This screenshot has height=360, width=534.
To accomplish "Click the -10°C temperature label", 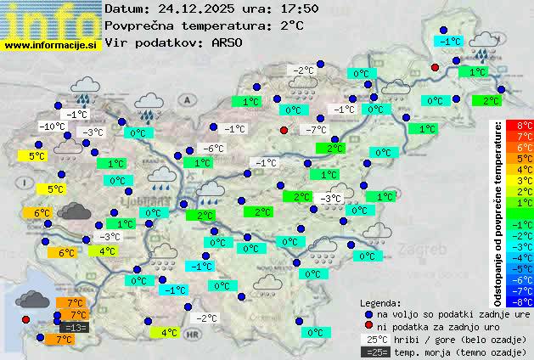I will coord(53,127).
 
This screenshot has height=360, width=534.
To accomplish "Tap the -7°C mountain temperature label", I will coord(316,130).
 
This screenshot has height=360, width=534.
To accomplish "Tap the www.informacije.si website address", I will coord(51,44).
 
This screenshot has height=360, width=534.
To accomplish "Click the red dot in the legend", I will coord(368,326).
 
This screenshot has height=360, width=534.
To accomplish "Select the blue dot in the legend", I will coord(368,314).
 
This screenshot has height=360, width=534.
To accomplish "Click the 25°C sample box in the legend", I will coord(374,339).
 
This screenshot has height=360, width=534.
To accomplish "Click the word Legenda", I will coord(380,302).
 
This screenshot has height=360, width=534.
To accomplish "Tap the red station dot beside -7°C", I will coord(284,130).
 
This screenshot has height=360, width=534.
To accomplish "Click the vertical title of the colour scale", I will coord(501,212).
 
